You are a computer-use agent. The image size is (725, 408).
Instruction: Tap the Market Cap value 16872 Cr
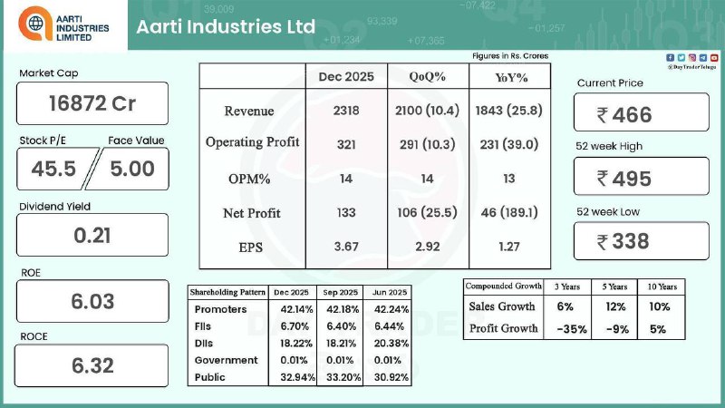[x=92, y=102]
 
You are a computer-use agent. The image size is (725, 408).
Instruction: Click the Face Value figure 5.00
[x=132, y=168]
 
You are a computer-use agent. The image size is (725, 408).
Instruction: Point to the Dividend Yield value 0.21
[x=92, y=235]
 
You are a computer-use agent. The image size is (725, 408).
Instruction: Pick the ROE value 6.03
[x=92, y=301]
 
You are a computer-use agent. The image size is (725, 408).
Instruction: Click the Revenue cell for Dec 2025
[x=345, y=111]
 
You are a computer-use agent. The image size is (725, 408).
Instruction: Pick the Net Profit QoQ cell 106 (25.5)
[x=427, y=213]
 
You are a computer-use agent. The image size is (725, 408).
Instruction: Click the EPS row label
[x=252, y=246]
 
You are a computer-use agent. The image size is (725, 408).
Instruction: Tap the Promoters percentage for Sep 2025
[x=340, y=309]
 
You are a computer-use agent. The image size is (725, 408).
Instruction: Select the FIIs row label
[x=206, y=326]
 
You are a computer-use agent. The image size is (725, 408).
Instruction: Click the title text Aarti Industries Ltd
[x=226, y=26]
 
